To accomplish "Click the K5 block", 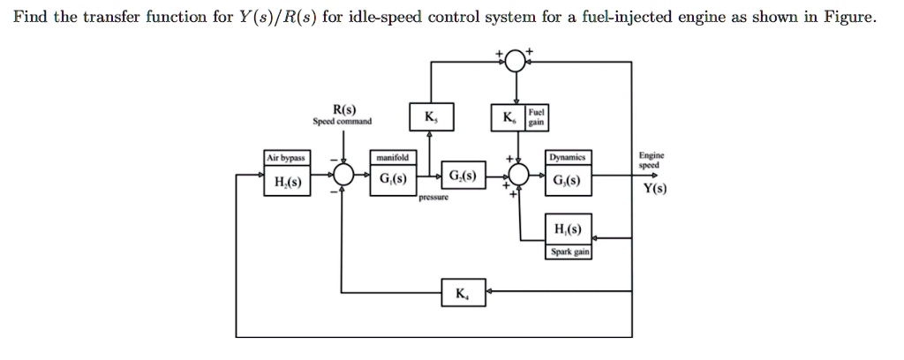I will [x=429, y=118].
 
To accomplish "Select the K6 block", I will [x=509, y=118].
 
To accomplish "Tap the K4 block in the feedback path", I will [x=462, y=292].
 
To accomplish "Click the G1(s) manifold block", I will [x=392, y=179].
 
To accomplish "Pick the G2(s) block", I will [x=463, y=176].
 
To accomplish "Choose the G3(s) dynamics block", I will [x=567, y=179].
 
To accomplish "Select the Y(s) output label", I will [x=654, y=187].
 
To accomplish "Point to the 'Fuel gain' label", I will [x=537, y=118].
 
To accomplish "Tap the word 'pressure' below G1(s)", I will [x=435, y=198].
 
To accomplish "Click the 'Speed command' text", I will [x=343, y=122].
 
